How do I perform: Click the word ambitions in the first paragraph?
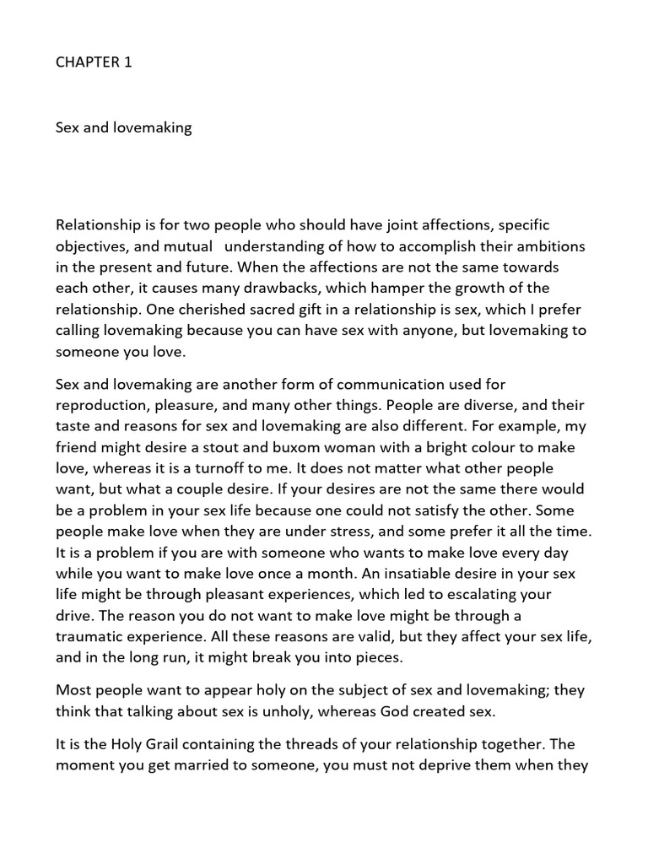(549, 246)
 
